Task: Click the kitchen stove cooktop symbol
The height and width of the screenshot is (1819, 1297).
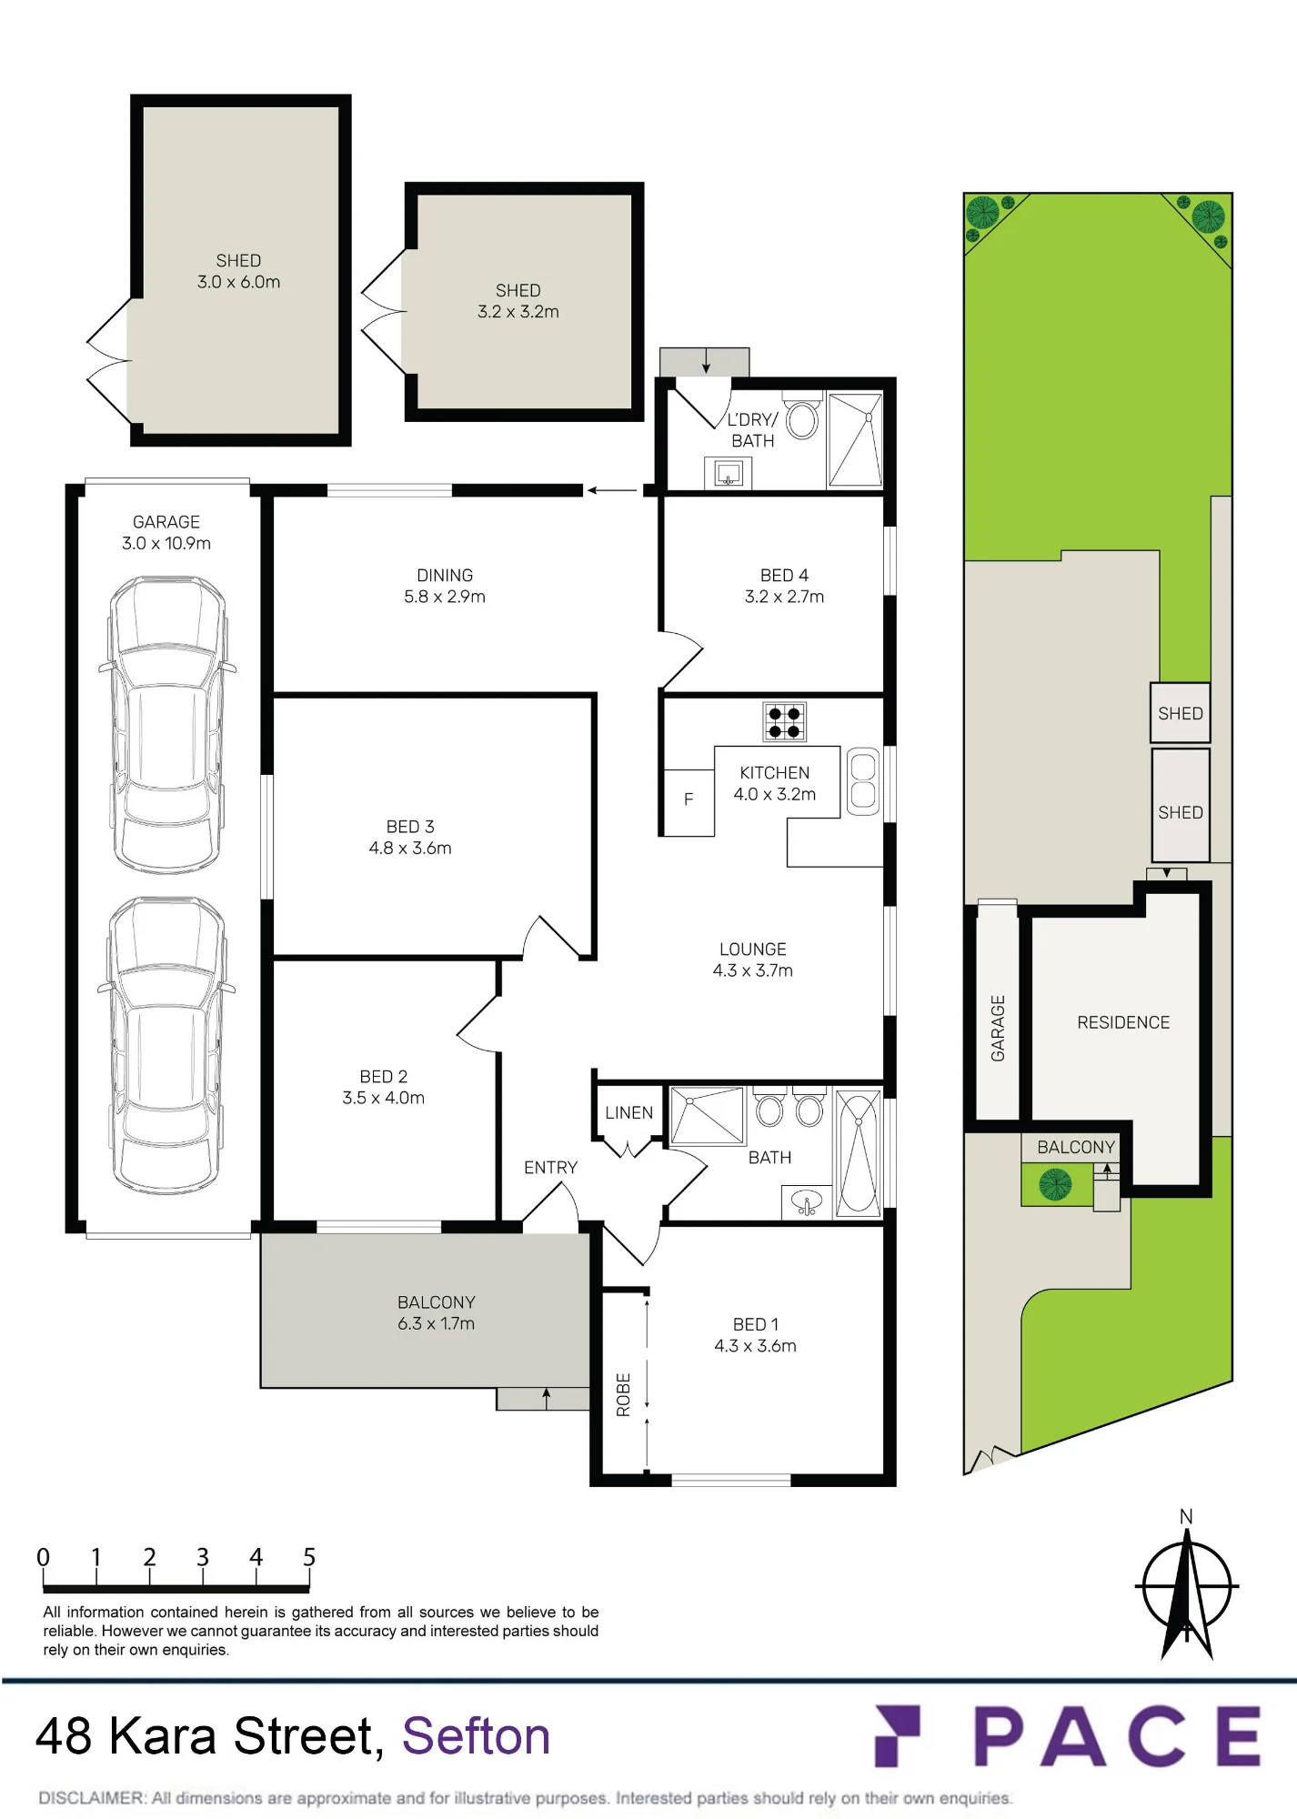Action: click(x=784, y=722)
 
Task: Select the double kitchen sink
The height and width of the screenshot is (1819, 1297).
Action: click(x=863, y=781)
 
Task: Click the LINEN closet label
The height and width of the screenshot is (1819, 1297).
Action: click(x=628, y=1112)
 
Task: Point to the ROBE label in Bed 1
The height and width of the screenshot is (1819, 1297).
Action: click(x=623, y=1394)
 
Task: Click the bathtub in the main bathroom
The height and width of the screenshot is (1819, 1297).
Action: click(x=858, y=1153)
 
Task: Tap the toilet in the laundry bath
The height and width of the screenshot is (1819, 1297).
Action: click(x=802, y=417)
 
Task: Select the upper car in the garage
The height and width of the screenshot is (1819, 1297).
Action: click(x=166, y=724)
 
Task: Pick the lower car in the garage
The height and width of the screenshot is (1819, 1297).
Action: click(x=166, y=1045)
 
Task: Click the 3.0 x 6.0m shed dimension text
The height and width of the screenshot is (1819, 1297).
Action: click(x=238, y=282)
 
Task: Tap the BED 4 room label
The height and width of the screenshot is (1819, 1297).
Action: click(x=784, y=575)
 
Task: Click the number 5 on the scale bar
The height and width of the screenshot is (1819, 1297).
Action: click(x=309, y=1557)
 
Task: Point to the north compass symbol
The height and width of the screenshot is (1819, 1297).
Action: click(x=1187, y=1585)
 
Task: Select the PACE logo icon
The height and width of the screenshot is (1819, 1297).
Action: click(x=897, y=1735)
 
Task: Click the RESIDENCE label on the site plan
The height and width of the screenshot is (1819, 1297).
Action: click(x=1123, y=1022)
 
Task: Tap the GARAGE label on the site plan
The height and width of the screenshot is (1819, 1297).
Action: click(x=998, y=1028)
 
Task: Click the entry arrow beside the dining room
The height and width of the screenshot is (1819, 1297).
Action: click(x=612, y=490)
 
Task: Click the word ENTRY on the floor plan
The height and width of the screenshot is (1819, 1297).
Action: click(x=550, y=1167)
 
